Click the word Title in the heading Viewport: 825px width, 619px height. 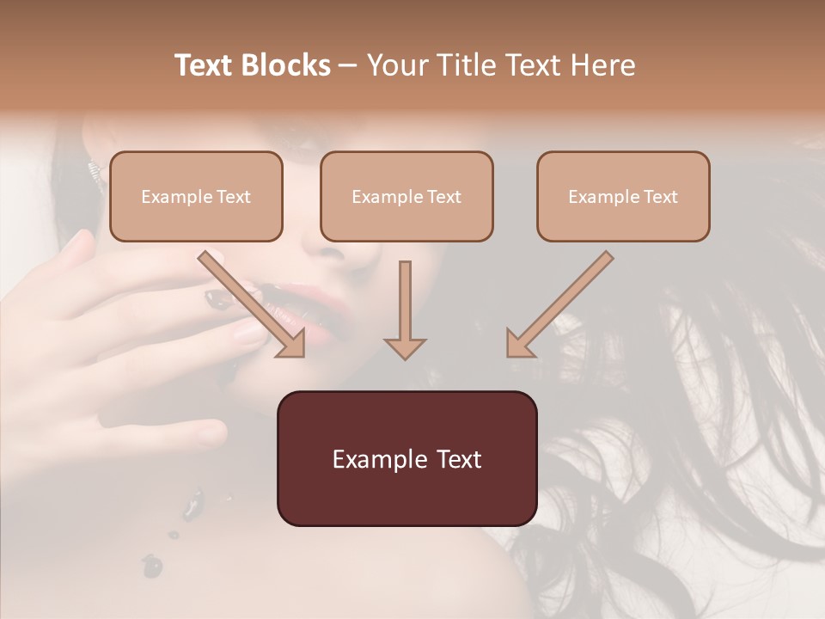click(x=461, y=65)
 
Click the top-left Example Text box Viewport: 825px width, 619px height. click(x=196, y=197)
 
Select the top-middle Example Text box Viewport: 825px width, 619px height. click(x=406, y=197)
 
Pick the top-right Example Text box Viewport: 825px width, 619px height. click(x=623, y=197)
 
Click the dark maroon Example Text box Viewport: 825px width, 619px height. click(x=406, y=459)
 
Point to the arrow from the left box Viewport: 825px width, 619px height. click(x=251, y=303)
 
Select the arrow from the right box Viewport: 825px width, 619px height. click(x=560, y=303)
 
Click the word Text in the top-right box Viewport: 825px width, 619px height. click(x=660, y=197)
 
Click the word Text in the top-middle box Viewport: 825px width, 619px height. click(x=443, y=197)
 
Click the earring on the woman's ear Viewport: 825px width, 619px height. click(x=89, y=166)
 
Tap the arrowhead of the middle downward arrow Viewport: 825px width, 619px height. click(x=405, y=347)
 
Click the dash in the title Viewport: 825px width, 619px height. click(x=349, y=66)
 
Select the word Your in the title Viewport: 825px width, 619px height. click(x=396, y=65)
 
